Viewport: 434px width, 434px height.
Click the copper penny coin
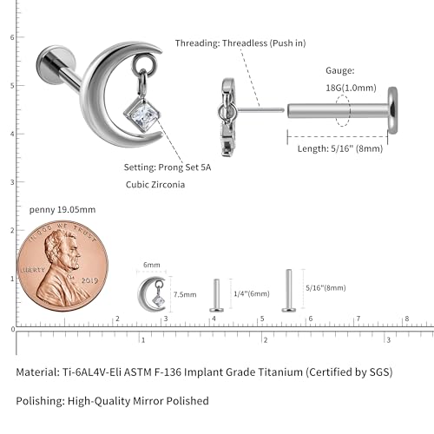coord(62,266)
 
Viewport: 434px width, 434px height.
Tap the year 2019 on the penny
coord(89,280)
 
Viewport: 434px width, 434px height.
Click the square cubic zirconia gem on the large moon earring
coord(141,115)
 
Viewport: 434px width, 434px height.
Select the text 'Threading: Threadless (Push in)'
coord(240,43)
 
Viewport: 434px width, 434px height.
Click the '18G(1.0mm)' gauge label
coord(351,88)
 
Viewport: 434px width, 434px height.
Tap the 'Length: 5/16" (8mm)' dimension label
coord(340,148)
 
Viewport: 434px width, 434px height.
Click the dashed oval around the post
coord(343,110)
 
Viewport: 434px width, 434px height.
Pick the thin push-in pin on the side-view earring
coord(261,110)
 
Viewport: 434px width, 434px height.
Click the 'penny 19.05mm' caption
coord(62,209)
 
